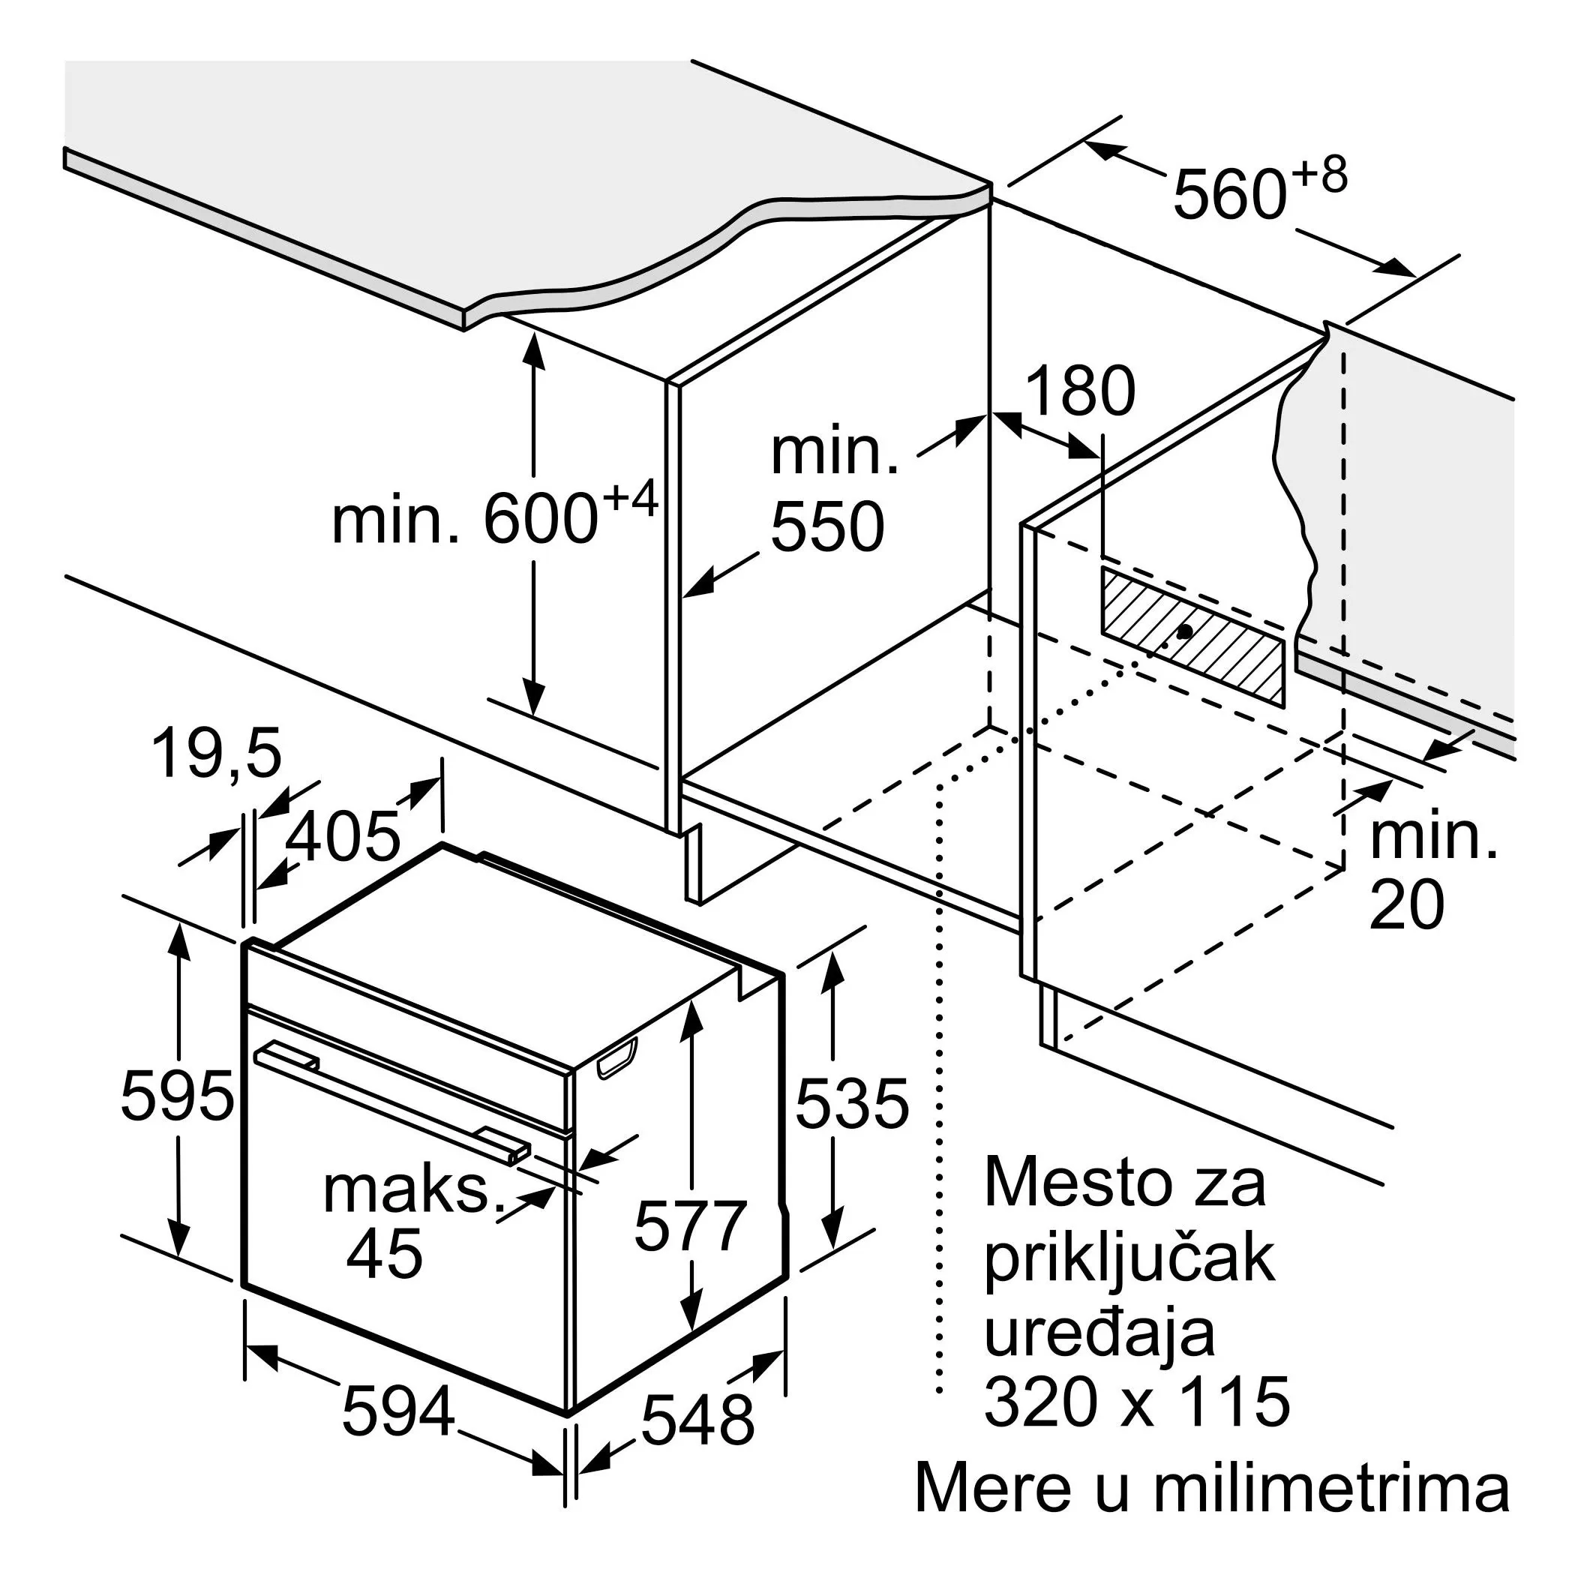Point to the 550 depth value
[826, 527]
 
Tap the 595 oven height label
[177, 1096]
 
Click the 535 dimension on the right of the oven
[851, 1104]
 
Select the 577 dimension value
[691, 1225]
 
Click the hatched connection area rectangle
[1192, 635]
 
